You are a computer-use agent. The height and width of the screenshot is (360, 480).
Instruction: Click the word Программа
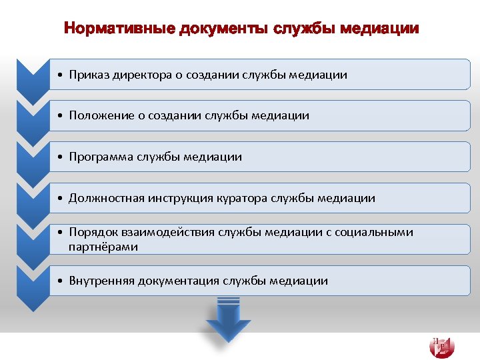(x=101, y=157)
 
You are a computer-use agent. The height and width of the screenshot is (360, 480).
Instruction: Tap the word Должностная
(x=106, y=198)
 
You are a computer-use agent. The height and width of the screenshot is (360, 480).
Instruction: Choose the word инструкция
(x=180, y=198)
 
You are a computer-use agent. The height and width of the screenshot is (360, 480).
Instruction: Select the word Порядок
(x=93, y=232)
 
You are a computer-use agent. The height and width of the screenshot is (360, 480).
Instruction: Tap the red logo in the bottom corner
(x=442, y=346)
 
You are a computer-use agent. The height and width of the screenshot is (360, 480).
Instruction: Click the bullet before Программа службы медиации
(x=61, y=157)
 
